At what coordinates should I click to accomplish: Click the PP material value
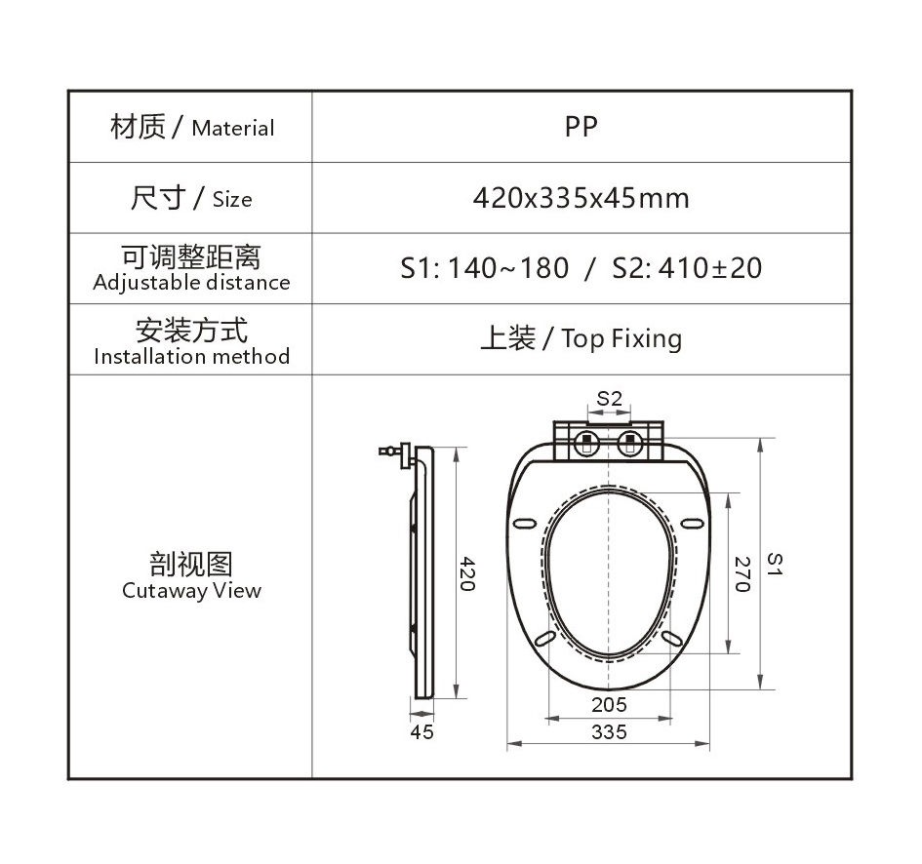tap(581, 127)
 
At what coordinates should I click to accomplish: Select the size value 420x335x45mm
tap(581, 198)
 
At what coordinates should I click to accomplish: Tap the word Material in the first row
tap(233, 128)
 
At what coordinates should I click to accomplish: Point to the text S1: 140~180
tap(485, 268)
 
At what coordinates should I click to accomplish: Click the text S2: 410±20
tap(687, 268)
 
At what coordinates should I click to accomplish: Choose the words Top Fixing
tap(621, 339)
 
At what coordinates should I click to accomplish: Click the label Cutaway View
tap(191, 590)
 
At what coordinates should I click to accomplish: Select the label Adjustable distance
tap(191, 283)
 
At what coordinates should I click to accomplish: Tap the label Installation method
tap(191, 356)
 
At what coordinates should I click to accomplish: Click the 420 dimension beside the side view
tap(467, 573)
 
